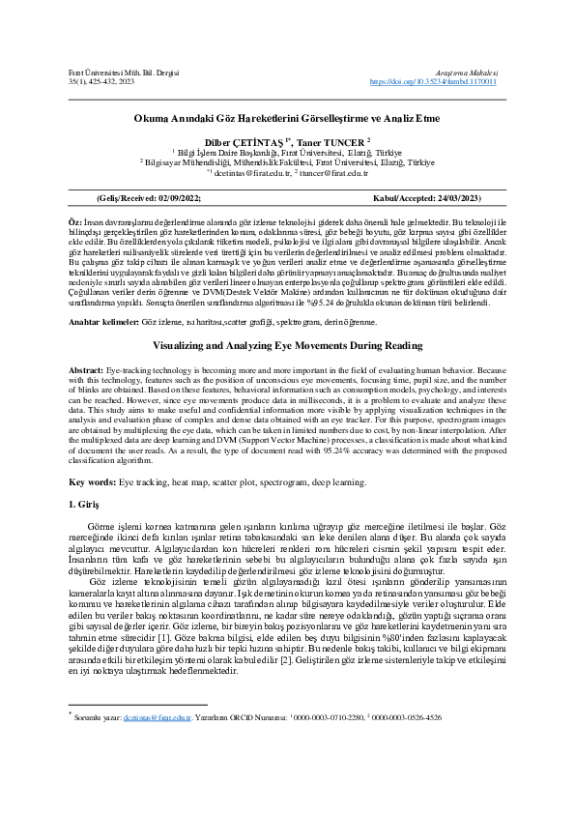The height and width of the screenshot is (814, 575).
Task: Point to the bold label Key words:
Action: (x=92, y=480)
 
